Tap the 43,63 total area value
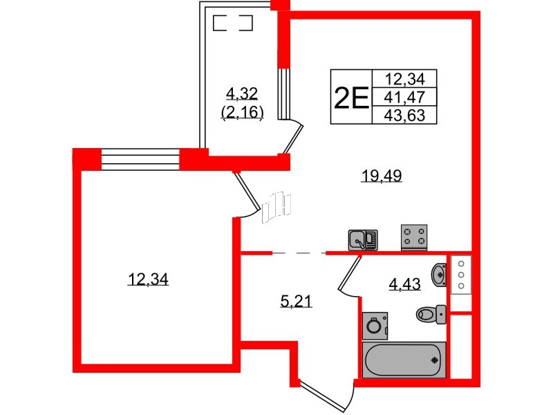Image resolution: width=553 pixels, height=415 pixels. point(404,116)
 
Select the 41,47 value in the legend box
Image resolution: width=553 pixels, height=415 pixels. point(404,97)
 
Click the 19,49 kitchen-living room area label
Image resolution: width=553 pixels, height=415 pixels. point(382,176)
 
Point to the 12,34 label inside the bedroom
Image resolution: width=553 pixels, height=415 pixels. point(148,279)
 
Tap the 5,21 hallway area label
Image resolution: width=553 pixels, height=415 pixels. point(297,302)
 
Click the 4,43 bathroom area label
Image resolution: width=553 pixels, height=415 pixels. point(404,284)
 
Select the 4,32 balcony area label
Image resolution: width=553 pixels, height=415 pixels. point(242,94)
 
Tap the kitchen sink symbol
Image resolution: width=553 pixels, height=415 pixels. point(363,240)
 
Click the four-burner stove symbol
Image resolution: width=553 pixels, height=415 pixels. point(414,237)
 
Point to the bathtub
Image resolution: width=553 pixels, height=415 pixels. point(404,360)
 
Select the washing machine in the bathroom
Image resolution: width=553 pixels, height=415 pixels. point(375,326)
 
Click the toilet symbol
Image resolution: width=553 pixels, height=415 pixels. point(431,314)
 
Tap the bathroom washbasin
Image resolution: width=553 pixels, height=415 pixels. point(439,274)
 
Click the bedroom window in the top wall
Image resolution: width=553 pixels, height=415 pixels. point(140,160)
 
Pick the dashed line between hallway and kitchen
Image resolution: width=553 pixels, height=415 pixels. point(299,253)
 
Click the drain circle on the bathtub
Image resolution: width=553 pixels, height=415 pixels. point(435,360)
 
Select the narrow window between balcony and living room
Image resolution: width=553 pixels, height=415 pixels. point(282,93)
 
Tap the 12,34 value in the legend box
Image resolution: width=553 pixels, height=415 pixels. point(404,78)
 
